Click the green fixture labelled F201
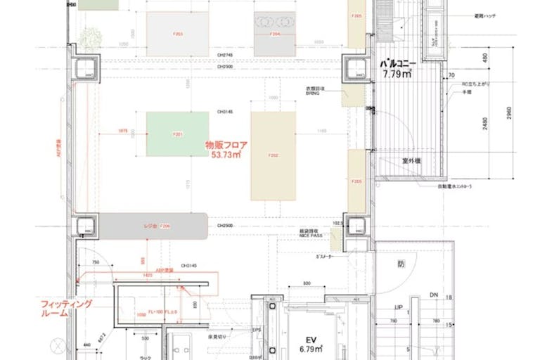(x=178, y=134)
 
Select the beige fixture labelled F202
(x=273, y=155)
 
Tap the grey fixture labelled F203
(x=178, y=33)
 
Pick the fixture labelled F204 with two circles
(x=275, y=33)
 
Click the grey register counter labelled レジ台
(x=155, y=226)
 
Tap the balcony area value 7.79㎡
(x=397, y=73)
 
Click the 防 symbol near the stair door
(x=401, y=265)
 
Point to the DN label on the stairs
(x=435, y=295)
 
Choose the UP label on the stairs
(x=398, y=308)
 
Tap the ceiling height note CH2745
(x=224, y=56)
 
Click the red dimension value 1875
(x=122, y=130)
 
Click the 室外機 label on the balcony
(x=411, y=162)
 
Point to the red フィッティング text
(x=66, y=303)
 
